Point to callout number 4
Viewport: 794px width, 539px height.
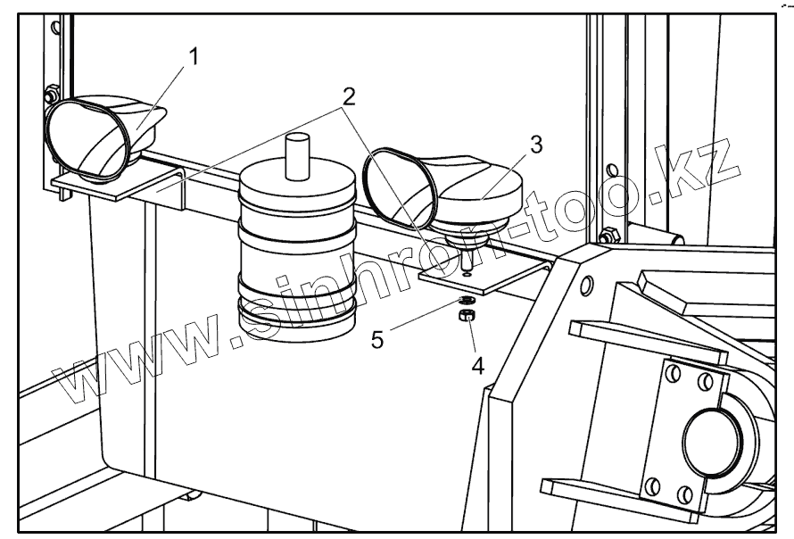[478, 365]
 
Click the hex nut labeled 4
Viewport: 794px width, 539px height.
[466, 317]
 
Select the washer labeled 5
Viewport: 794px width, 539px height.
[467, 301]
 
